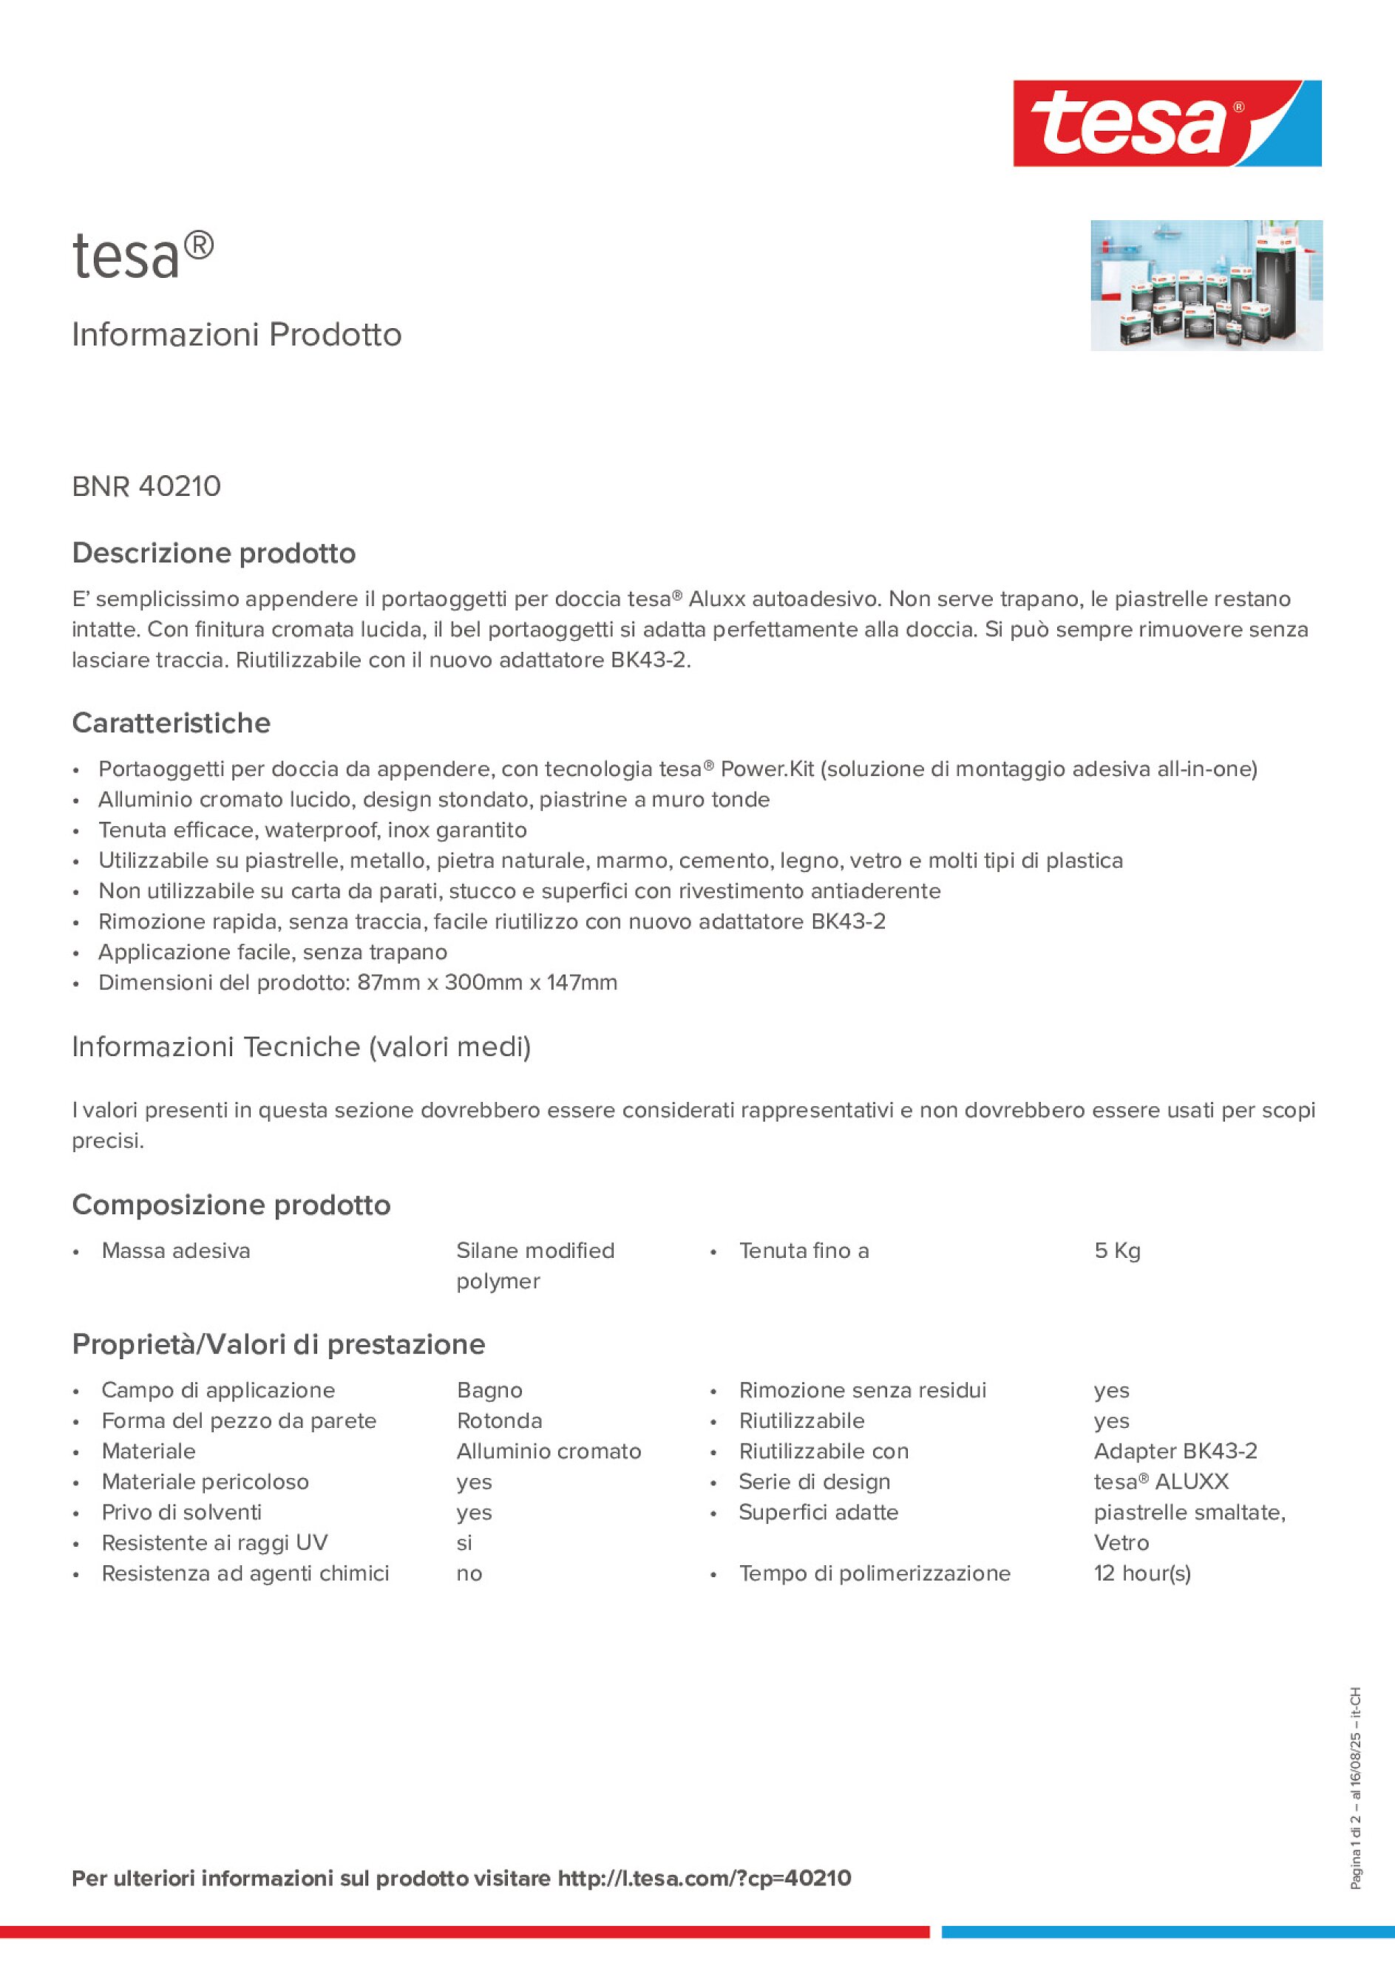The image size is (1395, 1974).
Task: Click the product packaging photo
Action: [1206, 285]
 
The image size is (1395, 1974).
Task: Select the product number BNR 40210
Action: [146, 486]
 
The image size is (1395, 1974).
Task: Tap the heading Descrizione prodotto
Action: [214, 553]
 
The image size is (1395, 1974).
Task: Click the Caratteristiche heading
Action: [172, 723]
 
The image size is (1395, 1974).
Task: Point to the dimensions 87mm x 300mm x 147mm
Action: [486, 983]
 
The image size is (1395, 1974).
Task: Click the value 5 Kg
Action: [1116, 1251]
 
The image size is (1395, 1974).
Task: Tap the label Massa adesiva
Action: [175, 1251]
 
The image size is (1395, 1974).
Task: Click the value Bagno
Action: [489, 1390]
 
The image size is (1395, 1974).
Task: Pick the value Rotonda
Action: [499, 1421]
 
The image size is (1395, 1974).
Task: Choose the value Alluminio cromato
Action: [549, 1451]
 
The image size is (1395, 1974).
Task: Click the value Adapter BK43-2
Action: [1175, 1451]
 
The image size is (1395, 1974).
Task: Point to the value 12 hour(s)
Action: [1141, 1573]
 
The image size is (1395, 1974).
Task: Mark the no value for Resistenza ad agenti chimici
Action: [469, 1573]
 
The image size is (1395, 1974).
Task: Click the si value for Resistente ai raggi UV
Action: [464, 1543]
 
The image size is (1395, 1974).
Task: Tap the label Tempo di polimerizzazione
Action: [874, 1573]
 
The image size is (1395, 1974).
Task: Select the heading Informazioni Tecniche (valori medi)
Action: [301, 1047]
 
